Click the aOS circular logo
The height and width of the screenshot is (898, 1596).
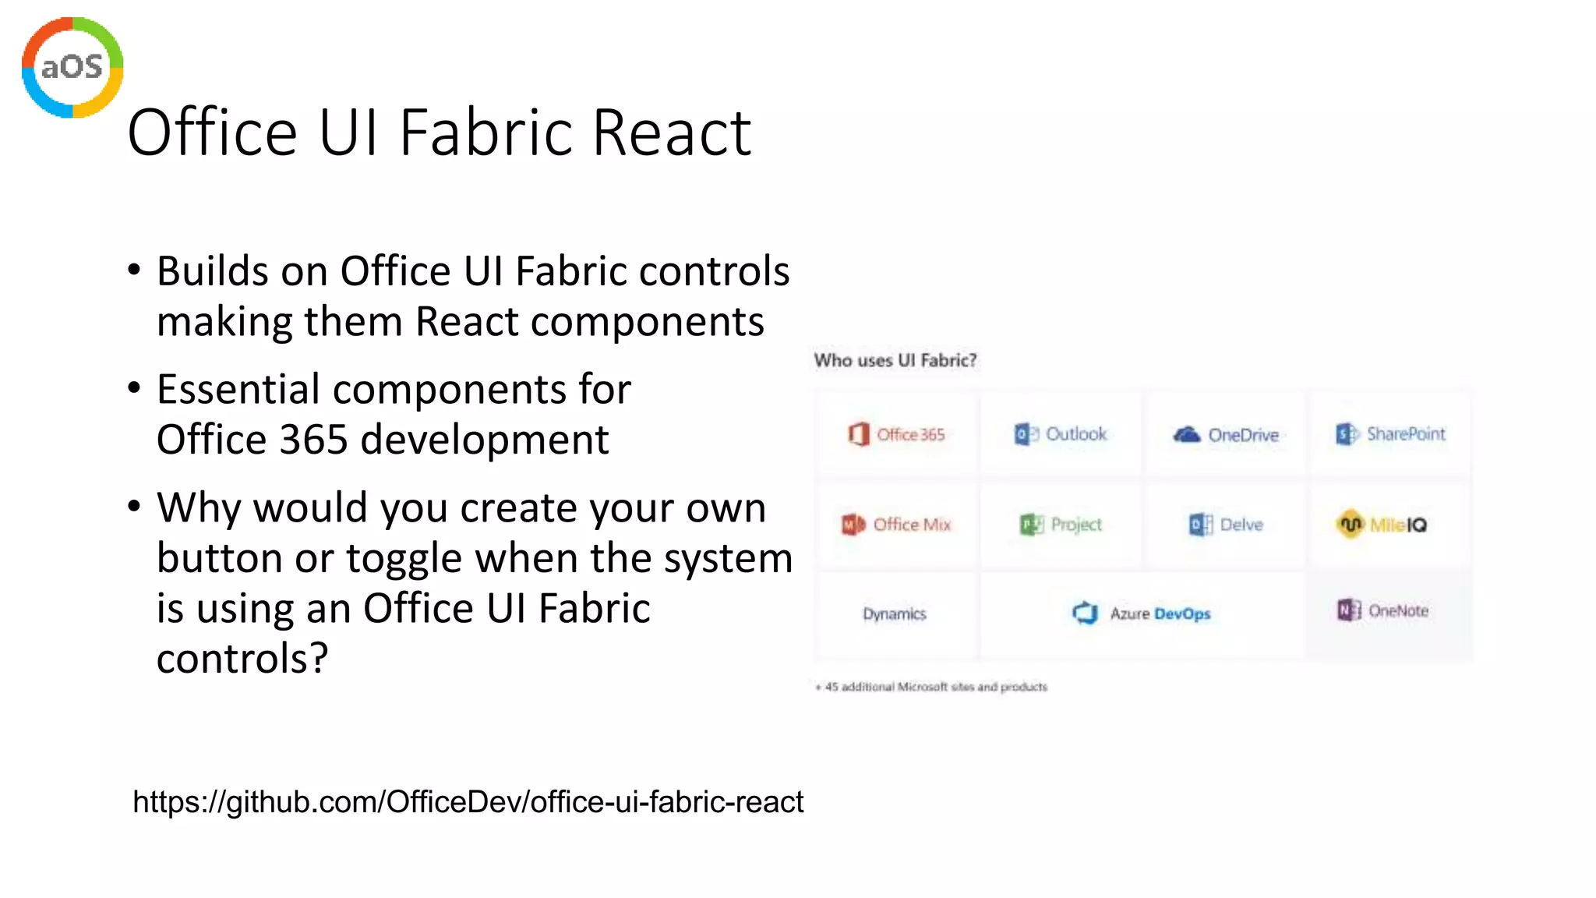[72, 67]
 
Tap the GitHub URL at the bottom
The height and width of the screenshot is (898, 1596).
[468, 801]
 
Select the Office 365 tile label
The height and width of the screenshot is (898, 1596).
[910, 434]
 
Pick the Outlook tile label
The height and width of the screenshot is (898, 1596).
[1075, 433]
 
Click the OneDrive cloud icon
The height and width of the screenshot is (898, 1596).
[1187, 434]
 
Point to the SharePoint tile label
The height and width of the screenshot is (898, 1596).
[1405, 433]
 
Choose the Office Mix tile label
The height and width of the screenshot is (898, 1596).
[912, 525]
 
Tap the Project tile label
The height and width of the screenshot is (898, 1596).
[1075, 525]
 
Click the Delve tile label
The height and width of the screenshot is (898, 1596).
[1241, 525]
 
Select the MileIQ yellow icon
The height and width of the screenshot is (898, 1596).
[1351, 524]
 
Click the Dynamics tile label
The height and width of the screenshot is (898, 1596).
[895, 614]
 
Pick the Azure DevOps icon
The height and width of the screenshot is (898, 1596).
[1085, 613]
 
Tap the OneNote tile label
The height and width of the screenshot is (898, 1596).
[1398, 611]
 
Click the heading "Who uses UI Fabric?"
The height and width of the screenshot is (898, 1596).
[895, 360]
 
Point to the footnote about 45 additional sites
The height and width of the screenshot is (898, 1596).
[932, 687]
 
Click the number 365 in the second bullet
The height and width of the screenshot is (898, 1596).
[313, 440]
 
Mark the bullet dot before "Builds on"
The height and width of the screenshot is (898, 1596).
[135, 270]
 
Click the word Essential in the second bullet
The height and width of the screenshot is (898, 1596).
[238, 389]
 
